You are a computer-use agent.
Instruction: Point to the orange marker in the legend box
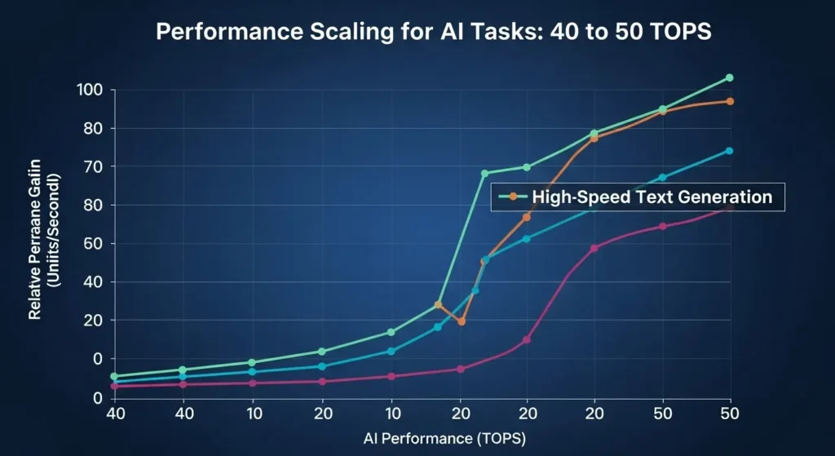512,197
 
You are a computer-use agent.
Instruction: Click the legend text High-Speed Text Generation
651,197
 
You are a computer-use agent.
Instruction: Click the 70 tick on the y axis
96,167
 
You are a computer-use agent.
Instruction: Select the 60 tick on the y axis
96,244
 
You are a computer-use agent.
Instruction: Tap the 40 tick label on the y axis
96,282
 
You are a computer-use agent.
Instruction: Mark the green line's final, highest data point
729,78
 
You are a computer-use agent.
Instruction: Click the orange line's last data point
729,101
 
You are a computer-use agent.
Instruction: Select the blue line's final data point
729,151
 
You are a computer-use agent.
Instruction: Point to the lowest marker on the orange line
461,321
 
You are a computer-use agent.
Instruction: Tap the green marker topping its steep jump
484,173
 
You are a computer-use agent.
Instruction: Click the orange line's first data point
438,304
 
